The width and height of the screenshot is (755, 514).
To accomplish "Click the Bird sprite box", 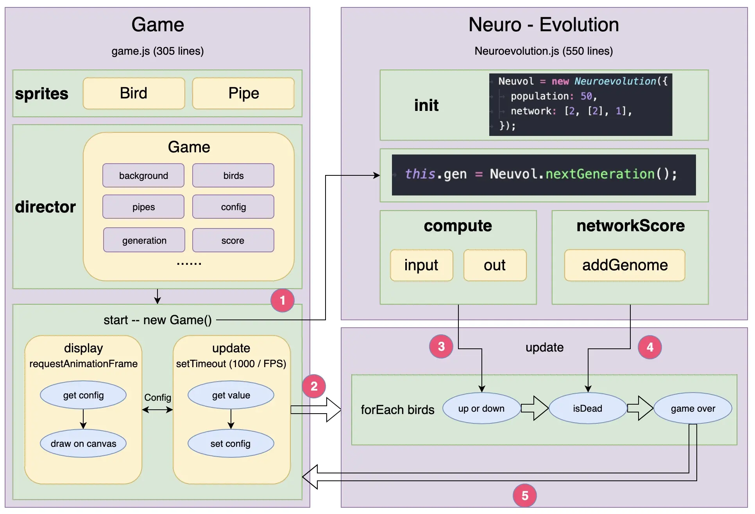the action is click(x=134, y=93).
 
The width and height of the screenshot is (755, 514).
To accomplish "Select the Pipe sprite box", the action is click(x=243, y=93).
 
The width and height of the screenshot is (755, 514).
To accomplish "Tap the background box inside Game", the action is click(x=143, y=175).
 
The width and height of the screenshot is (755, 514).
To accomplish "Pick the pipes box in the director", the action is click(x=143, y=207).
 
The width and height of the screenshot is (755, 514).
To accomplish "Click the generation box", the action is click(x=144, y=240).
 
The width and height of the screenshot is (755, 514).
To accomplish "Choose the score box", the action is click(x=233, y=240).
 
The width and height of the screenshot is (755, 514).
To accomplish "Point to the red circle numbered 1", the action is click(x=283, y=300).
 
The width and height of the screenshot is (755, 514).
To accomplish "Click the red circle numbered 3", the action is click(x=441, y=346).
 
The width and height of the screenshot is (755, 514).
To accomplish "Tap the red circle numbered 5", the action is click(x=525, y=496).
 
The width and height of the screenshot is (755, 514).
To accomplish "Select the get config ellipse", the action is click(x=83, y=395).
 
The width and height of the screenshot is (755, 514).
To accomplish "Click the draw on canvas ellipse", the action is click(x=83, y=443).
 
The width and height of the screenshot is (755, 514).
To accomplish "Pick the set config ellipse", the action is click(x=231, y=443).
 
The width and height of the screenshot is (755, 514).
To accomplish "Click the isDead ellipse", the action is click(x=588, y=408).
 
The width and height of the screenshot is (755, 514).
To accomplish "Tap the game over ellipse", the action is click(x=693, y=408).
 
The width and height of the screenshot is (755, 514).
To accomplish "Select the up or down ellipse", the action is click(x=482, y=408).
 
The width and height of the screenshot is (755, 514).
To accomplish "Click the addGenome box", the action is click(x=625, y=265).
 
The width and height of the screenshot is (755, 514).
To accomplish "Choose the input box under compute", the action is click(x=422, y=265).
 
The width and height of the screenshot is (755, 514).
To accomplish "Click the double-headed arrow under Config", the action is click(x=157, y=410).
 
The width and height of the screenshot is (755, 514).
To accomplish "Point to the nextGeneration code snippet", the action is click(x=544, y=175).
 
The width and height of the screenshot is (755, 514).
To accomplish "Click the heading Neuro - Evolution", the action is click(x=544, y=25).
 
